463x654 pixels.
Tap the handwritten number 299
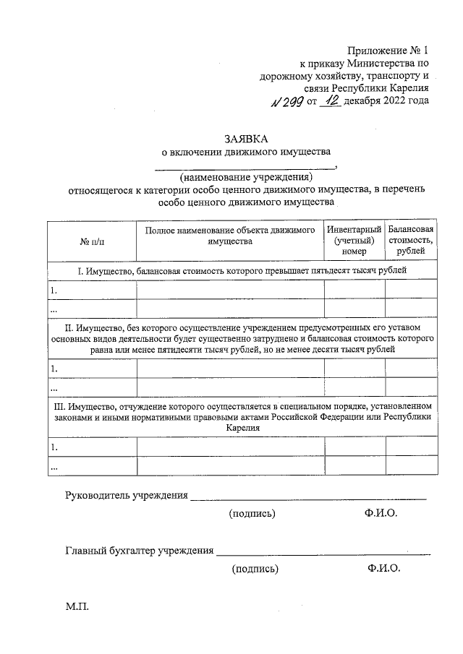click(x=290, y=101)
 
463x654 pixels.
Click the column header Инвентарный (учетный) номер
click(x=354, y=240)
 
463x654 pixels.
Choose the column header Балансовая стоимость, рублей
click(x=411, y=240)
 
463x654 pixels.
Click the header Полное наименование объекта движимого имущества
click(x=230, y=236)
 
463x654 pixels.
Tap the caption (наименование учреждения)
click(x=245, y=178)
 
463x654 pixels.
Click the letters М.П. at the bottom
click(x=77, y=606)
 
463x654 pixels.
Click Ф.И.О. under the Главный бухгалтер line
click(x=383, y=569)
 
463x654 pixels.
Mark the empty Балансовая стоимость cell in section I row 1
click(x=411, y=289)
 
